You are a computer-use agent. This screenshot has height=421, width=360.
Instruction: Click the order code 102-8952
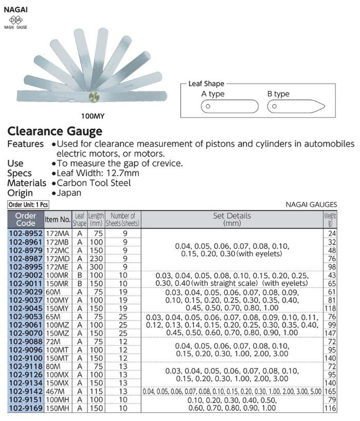pyautogui.click(x=26, y=232)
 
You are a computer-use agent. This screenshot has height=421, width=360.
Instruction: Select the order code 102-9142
pyautogui.click(x=26, y=392)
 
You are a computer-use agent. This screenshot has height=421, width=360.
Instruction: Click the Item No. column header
pyautogui.click(x=58, y=220)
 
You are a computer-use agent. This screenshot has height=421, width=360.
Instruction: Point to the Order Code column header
pyautogui.click(x=26, y=220)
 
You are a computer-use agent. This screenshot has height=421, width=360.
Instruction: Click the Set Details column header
pyautogui.click(x=231, y=220)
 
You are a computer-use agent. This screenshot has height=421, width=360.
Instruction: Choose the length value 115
pyautogui.click(x=96, y=392)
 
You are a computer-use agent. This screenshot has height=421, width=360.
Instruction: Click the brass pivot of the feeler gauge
pyautogui.click(x=95, y=96)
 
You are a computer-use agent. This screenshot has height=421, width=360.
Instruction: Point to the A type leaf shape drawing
pyautogui.click(x=229, y=107)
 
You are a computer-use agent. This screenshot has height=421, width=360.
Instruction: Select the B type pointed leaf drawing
pyautogui.click(x=295, y=107)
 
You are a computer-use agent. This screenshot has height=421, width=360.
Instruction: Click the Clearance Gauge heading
pyautogui.click(x=55, y=131)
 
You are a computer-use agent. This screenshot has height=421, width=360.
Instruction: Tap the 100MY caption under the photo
pyautogui.click(x=94, y=116)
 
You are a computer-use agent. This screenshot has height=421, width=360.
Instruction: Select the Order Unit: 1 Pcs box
pyautogui.click(x=28, y=204)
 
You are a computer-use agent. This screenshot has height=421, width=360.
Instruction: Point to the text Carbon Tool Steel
pyautogui.click(x=94, y=183)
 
